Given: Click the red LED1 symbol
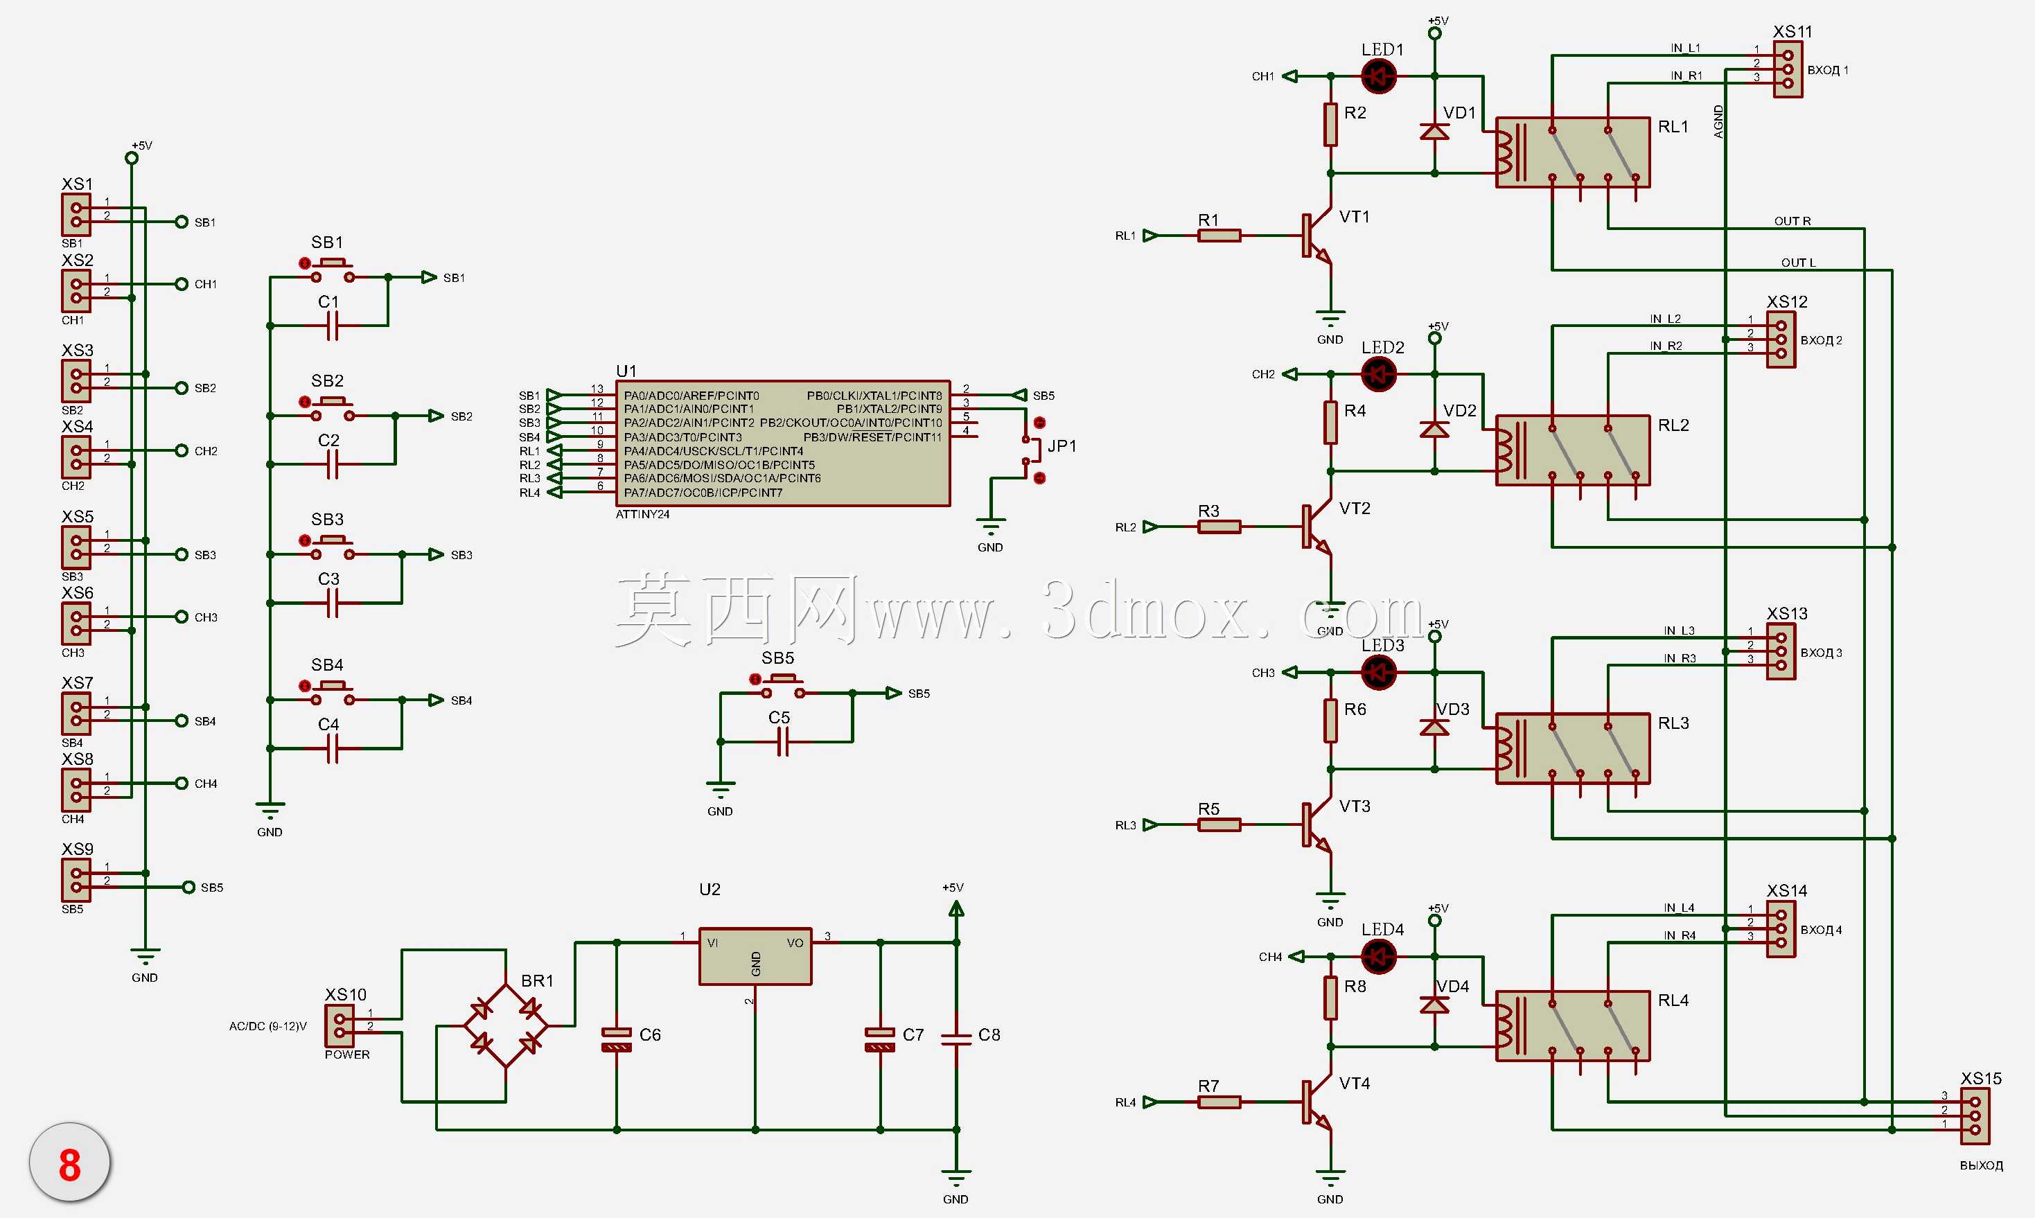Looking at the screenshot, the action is tap(1379, 76).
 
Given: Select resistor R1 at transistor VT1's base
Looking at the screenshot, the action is tap(1219, 236).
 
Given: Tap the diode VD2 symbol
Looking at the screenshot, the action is tap(1434, 428).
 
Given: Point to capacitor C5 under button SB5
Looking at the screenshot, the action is tap(783, 743).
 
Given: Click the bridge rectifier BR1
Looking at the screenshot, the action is tap(506, 1026).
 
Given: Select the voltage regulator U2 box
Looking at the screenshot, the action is tap(755, 956).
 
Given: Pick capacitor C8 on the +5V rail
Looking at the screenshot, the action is tap(956, 1039).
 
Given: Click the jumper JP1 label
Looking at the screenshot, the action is tap(1061, 445).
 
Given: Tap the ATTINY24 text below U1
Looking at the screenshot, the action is tap(642, 515).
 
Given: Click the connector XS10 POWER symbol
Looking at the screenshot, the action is tap(339, 1026).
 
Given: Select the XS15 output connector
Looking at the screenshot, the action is tap(1975, 1116).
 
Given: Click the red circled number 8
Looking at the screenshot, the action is tap(70, 1165).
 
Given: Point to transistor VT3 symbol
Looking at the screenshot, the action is tap(1317, 825).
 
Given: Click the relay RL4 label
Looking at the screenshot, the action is tap(1673, 1000).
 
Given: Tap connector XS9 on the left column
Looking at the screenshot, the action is tap(76, 880).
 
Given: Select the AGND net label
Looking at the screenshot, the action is tap(1718, 121).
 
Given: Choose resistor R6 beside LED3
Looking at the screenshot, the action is tap(1330, 721).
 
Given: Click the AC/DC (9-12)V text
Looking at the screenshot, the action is tap(267, 1026).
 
